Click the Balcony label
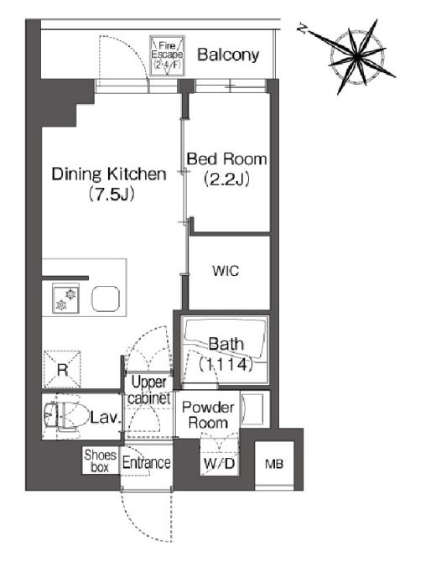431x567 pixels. pos(228,55)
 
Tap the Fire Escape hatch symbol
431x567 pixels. pos(167,55)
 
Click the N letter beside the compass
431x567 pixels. pos(302,29)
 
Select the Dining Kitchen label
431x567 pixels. pos(109,174)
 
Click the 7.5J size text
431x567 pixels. pos(111,195)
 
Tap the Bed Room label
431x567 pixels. pos(226,159)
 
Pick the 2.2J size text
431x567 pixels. pos(226,179)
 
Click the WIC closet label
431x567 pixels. pos(226,270)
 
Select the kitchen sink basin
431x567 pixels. pos(106,299)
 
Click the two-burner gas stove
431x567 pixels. pos(65,299)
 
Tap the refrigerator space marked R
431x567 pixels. pos(62,369)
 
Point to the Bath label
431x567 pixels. pos(226,344)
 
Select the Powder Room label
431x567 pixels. pos(208,414)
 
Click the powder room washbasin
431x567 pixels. pos(252,408)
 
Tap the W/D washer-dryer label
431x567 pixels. pos(219,463)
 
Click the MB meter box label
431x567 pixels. pos(274,464)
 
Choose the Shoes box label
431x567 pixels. pos(100,460)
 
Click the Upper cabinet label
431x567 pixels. pos(148,390)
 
